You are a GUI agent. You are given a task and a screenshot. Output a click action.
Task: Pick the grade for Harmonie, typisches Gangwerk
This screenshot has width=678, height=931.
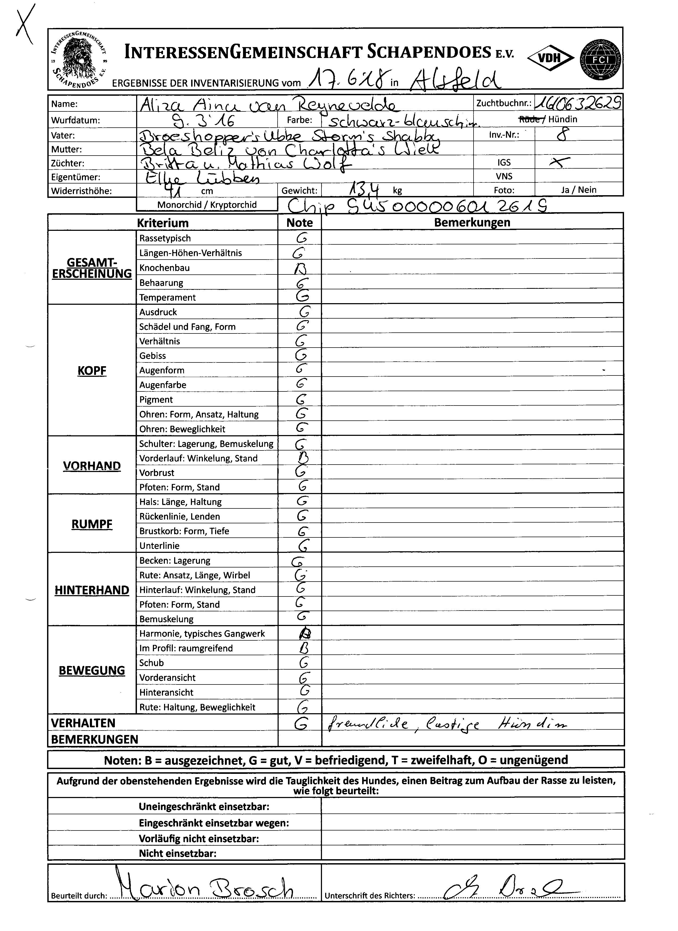pyautogui.click(x=304, y=633)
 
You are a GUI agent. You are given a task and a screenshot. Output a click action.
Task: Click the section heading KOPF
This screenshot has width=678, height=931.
pyautogui.click(x=92, y=371)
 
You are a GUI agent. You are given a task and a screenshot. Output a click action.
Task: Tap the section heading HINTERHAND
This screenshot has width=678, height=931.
pyautogui.click(x=92, y=590)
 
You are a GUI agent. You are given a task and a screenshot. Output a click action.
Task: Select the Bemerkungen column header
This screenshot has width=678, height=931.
pyautogui.click(x=472, y=223)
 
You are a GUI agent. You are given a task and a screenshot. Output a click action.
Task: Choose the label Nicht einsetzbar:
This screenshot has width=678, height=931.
pyautogui.click(x=177, y=853)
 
